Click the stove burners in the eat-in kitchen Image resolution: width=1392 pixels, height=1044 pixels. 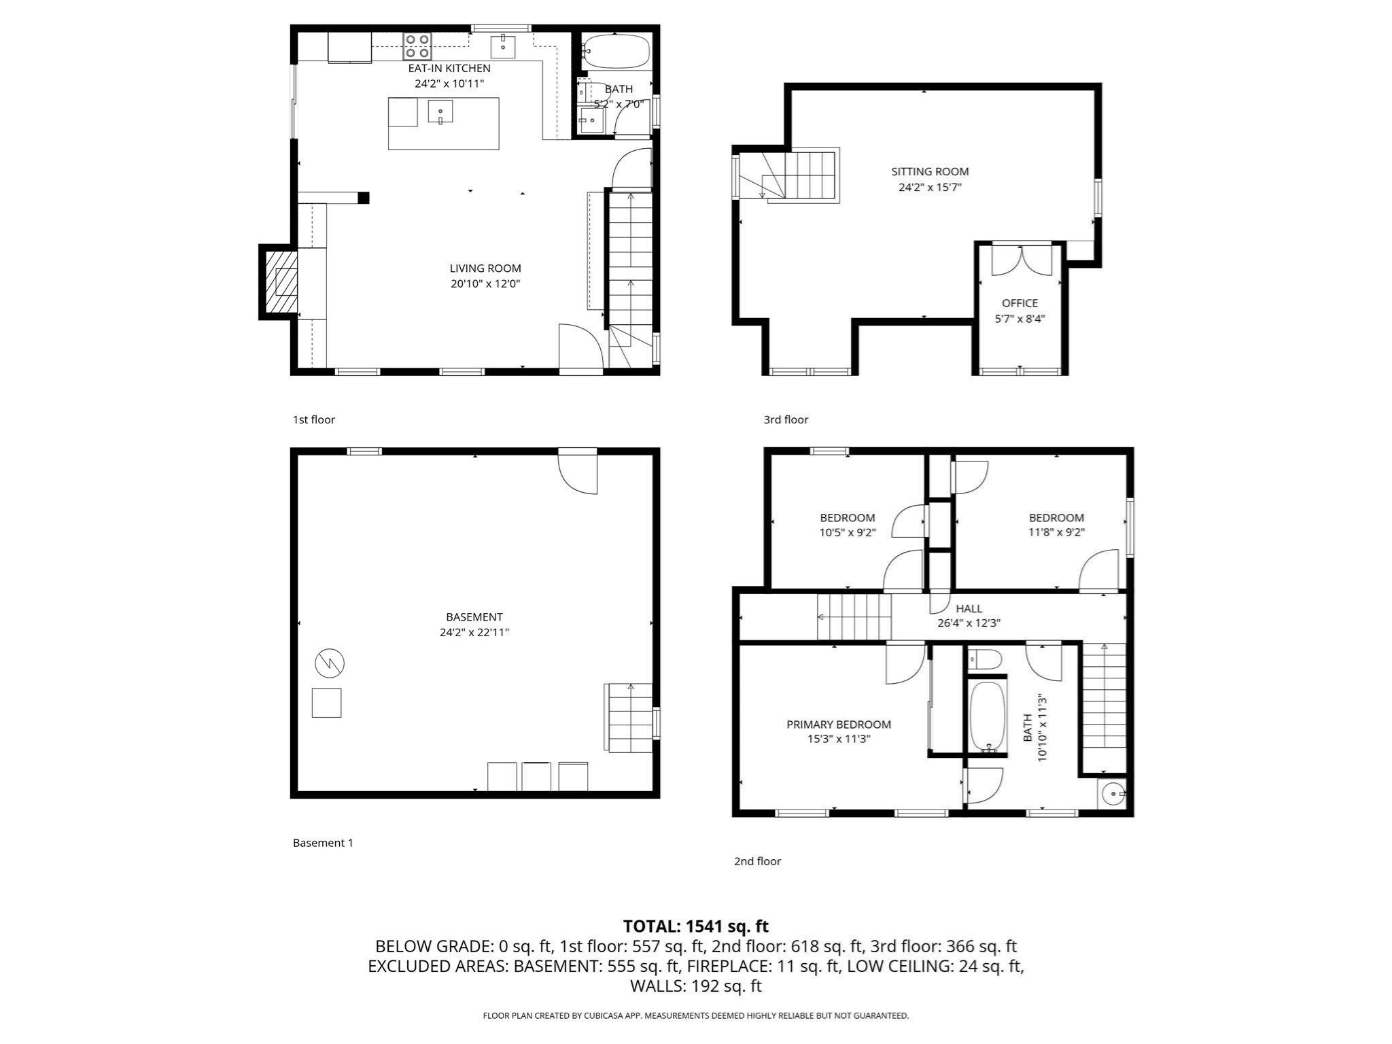coord(417,46)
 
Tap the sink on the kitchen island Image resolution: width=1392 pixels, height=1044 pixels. coord(440,111)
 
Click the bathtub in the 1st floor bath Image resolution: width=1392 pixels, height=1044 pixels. coord(616,52)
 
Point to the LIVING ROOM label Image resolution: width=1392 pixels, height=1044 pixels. coord(485,268)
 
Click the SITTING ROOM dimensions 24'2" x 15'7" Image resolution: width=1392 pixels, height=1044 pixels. coord(930,187)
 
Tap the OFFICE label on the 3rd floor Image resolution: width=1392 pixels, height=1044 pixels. coord(1020,303)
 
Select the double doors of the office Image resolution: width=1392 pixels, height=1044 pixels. coord(1020,260)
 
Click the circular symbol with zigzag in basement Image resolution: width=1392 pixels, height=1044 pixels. coord(330,663)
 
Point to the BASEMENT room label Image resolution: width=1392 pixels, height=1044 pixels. coord(474,617)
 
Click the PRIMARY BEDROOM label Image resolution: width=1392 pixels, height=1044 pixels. coord(839,725)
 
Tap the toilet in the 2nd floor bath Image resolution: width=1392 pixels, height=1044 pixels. coord(985,659)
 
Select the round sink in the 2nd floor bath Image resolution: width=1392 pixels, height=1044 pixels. coord(1113,793)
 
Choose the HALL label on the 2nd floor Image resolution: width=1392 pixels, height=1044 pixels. coord(969,608)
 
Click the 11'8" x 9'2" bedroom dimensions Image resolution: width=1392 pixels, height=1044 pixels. coord(1056,533)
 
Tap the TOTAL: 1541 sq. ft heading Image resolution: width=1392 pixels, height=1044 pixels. coord(695,926)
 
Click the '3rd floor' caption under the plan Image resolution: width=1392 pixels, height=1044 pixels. coord(786,420)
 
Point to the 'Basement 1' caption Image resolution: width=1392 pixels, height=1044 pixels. coord(323,843)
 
